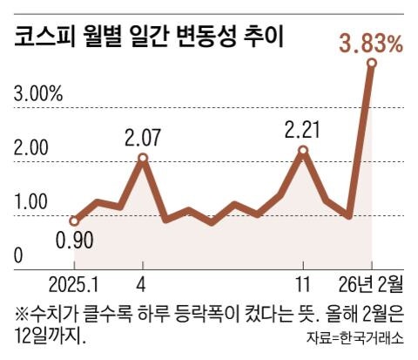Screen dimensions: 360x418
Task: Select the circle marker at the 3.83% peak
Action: [372, 63]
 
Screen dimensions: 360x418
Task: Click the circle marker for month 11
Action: [303, 151]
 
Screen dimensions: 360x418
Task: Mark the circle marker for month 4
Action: [143, 159]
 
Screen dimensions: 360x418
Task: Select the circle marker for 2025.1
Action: [75, 221]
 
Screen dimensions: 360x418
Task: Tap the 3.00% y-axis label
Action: [38, 93]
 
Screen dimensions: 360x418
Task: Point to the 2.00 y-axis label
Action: [31, 147]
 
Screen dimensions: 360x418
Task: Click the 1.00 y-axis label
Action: [31, 201]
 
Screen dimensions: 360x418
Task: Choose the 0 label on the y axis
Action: [19, 255]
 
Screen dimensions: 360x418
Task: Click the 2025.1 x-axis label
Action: [75, 285]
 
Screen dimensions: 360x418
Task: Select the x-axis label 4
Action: [143, 285]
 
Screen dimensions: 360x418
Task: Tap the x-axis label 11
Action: [303, 285]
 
